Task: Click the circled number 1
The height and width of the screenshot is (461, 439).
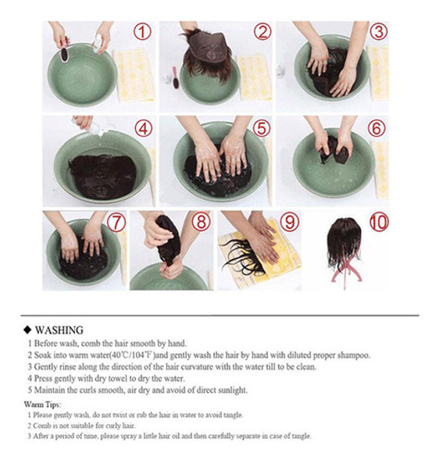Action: coord(142,32)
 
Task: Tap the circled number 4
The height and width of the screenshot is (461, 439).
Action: coord(144,128)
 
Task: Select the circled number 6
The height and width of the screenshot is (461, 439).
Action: coord(377,128)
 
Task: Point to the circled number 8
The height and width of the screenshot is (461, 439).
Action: coord(201,222)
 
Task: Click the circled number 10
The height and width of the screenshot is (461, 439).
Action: coord(379,222)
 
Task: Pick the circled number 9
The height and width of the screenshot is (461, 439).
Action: coord(290,222)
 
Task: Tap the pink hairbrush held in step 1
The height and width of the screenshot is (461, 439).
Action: coord(64,54)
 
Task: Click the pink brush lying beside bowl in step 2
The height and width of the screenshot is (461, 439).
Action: coord(176,77)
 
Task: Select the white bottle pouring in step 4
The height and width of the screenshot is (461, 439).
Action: coord(94,128)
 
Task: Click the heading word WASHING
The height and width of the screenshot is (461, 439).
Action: coord(59,331)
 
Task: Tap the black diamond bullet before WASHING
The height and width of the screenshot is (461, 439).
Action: coord(27,331)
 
